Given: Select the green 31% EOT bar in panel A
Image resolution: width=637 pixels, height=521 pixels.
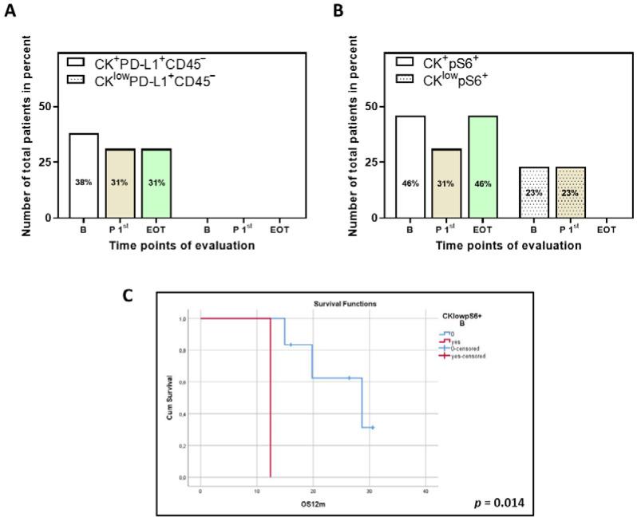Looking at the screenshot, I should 156,183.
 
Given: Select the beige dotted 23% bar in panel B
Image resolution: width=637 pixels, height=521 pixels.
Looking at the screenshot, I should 568,192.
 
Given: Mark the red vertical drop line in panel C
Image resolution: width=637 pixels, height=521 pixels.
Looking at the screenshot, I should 271,399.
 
